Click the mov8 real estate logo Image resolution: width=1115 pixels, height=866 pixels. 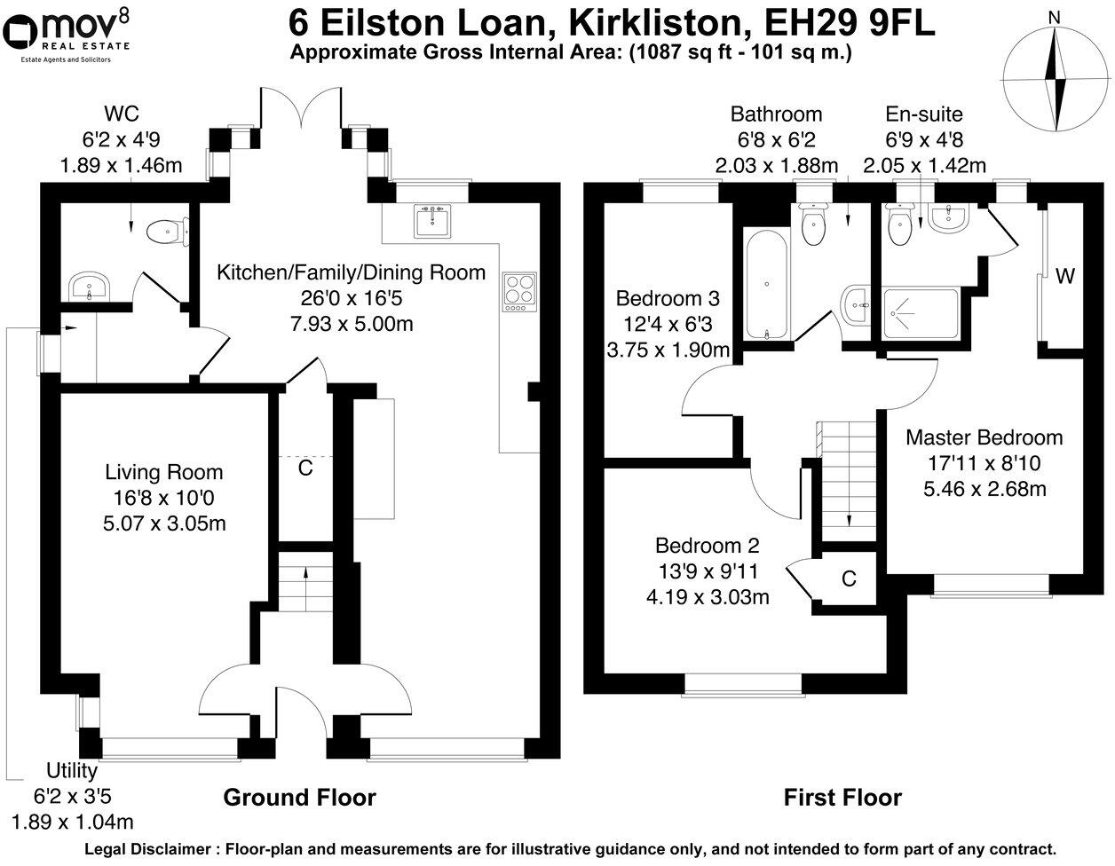67,32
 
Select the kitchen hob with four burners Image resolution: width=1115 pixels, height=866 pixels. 517,292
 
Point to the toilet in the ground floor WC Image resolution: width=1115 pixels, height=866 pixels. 163,232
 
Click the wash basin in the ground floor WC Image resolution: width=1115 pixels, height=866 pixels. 89,287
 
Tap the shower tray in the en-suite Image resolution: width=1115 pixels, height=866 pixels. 920,314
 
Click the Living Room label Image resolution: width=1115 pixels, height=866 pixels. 164,472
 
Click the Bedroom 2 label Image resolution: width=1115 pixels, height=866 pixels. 708,545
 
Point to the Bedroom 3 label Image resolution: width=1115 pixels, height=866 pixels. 668,297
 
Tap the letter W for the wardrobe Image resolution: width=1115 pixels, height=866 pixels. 1065,277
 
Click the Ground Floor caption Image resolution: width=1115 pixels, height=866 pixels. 299,798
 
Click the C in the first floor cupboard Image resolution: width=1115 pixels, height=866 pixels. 849,579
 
